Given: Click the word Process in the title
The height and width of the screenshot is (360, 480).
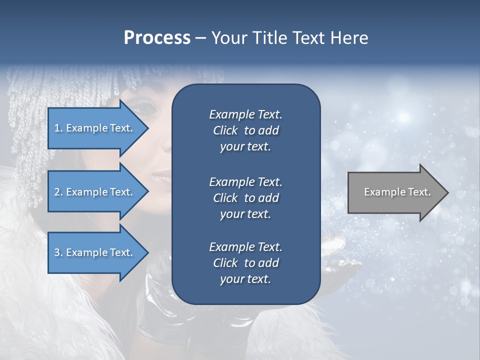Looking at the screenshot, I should (157, 38).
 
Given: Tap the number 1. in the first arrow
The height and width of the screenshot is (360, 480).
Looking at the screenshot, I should (58, 128).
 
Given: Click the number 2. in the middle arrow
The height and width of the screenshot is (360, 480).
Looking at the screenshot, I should (58, 192).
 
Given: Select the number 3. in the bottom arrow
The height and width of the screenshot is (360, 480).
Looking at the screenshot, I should (58, 252).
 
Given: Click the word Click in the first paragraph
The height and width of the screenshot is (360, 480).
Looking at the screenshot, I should (225, 130).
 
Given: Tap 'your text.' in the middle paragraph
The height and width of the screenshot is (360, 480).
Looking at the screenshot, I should (245, 214).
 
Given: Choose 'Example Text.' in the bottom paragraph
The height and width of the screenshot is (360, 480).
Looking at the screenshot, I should (245, 247).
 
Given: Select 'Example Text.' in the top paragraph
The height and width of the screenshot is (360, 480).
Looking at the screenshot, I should (245, 114).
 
